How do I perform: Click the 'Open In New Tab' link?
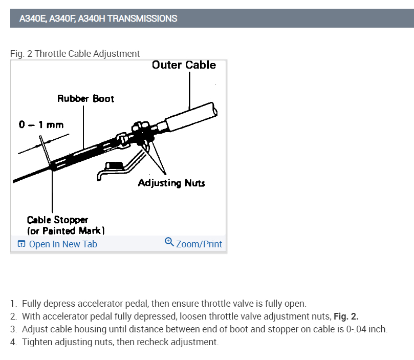(63, 244)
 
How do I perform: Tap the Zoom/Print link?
(199, 244)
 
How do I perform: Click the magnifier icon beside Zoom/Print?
(169, 242)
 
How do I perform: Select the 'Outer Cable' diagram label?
(184, 65)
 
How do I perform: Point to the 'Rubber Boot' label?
(85, 98)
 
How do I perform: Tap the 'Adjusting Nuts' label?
(171, 183)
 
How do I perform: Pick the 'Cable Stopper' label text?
(57, 220)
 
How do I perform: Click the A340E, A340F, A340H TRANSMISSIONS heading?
(98, 18)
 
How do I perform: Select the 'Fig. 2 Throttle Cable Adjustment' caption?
(75, 53)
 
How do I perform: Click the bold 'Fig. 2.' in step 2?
(345, 316)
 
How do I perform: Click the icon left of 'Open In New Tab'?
(21, 244)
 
